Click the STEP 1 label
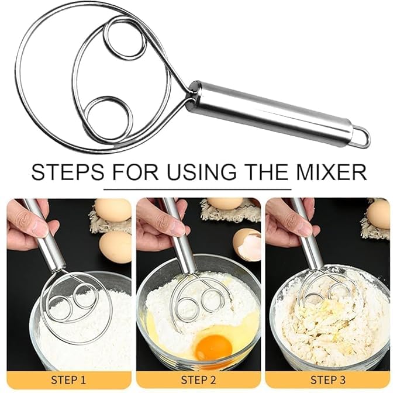(x=69, y=379)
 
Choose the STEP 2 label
(x=198, y=379)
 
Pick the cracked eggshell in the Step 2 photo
(x=248, y=244)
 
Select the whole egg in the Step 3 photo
(x=379, y=214)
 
